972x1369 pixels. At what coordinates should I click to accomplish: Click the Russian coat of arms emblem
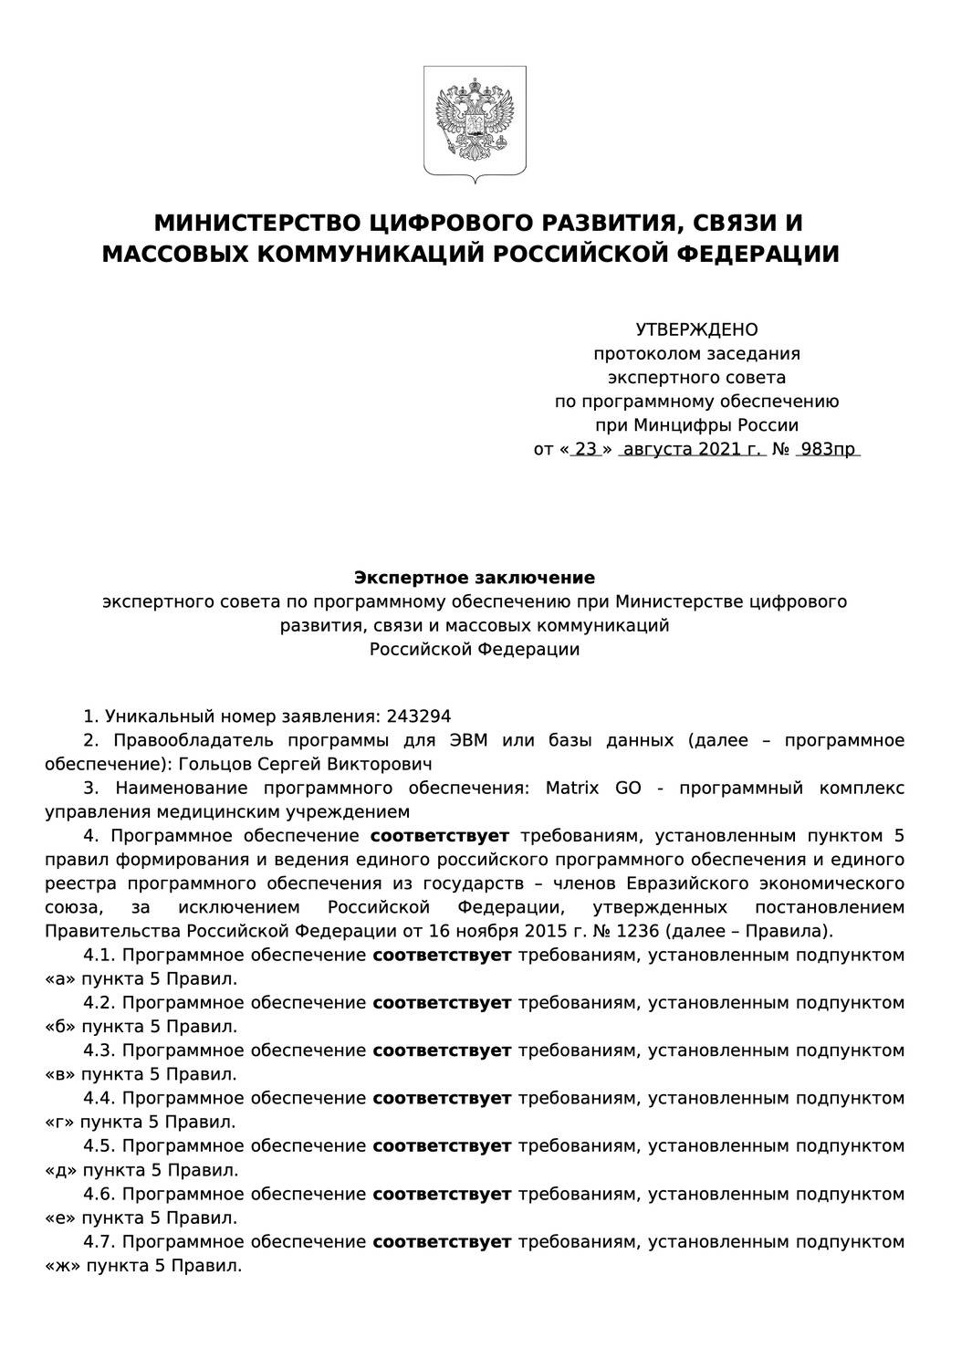click(475, 122)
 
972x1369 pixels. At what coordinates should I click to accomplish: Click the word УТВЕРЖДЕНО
click(696, 329)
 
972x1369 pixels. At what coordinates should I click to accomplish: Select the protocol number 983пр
click(827, 449)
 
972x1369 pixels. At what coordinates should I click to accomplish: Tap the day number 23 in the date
click(585, 449)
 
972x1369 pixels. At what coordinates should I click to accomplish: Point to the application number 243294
click(419, 716)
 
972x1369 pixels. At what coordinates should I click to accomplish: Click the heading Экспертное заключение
click(474, 578)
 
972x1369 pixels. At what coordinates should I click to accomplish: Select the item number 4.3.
click(99, 1050)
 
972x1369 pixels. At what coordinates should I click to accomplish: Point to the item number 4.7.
click(99, 1241)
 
